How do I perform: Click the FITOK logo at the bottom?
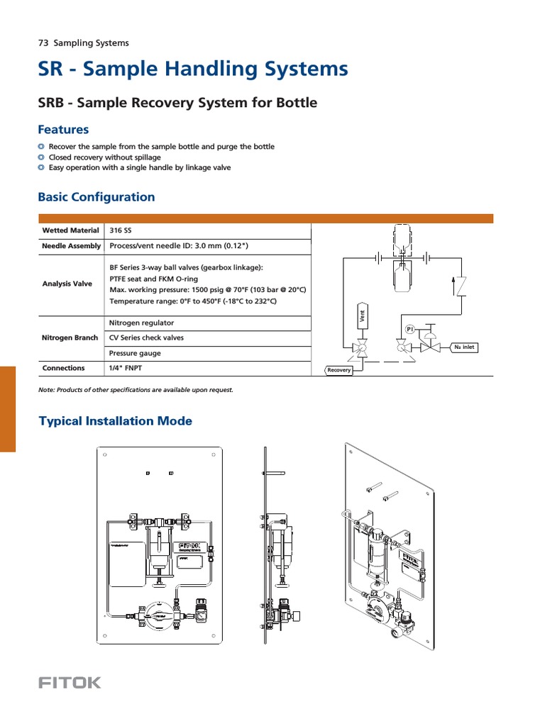tap(70, 683)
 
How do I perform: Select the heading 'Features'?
tap(63, 130)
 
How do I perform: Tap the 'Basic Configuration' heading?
tap(96, 197)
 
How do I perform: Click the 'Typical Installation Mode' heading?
tap(114, 421)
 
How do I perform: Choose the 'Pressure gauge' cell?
tap(135, 353)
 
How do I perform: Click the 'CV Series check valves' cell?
tap(146, 337)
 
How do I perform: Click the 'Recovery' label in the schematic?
tap(339, 370)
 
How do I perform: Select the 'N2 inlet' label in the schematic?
tap(464, 347)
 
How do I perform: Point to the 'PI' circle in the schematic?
tap(410, 330)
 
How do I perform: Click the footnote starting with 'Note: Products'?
tap(136, 390)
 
